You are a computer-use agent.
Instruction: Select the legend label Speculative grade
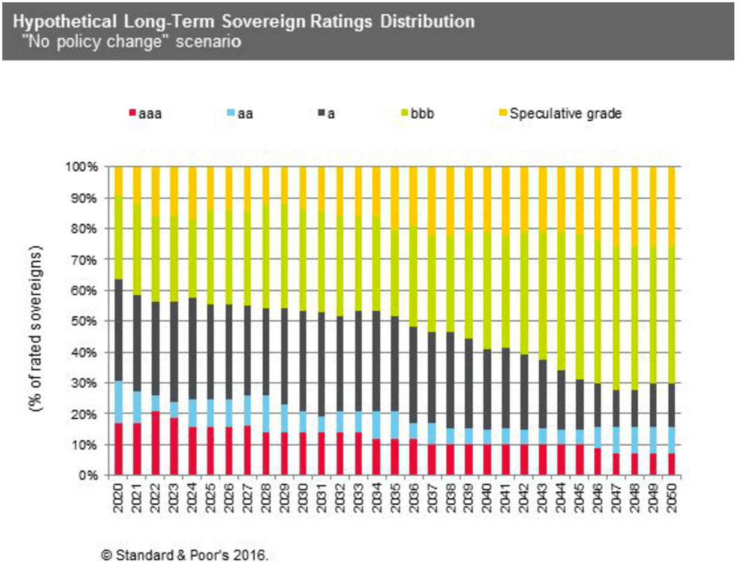565,113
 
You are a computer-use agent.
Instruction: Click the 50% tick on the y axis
85,321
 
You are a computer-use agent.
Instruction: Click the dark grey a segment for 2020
119,330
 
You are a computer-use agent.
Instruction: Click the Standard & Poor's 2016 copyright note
184,555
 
